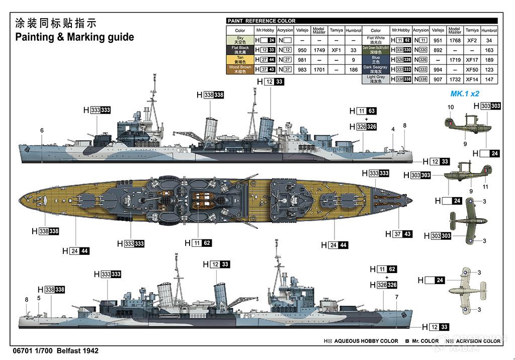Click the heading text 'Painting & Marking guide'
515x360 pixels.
74,37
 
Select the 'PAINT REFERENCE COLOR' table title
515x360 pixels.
262,21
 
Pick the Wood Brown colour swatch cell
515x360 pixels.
240,69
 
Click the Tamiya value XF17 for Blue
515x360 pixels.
471,60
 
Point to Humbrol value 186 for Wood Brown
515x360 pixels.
353,70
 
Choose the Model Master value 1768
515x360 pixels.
455,40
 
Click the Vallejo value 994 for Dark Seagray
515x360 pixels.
438,70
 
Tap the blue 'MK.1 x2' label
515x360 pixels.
465,94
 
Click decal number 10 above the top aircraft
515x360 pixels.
451,107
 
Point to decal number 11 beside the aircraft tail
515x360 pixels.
485,187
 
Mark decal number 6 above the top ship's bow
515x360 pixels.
42,131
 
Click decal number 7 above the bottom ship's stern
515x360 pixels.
396,297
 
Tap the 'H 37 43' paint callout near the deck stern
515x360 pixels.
398,234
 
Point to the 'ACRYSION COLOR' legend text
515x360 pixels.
477,341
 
